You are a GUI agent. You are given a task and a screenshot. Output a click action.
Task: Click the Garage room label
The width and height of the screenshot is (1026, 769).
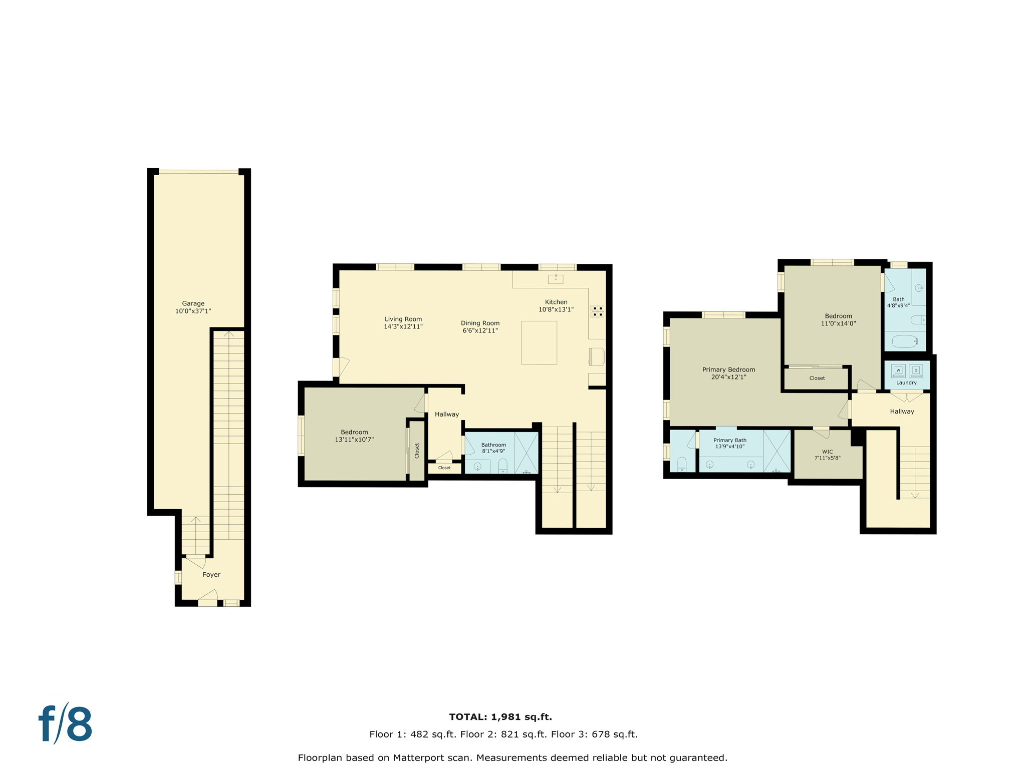pyautogui.click(x=193, y=303)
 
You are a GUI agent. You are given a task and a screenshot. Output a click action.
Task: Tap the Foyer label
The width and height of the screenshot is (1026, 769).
pyautogui.click(x=211, y=574)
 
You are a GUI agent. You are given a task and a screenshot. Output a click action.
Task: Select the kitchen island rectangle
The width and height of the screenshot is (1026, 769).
pyautogui.click(x=539, y=343)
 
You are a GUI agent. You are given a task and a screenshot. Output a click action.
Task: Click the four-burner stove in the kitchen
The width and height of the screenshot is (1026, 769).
pyautogui.click(x=597, y=311)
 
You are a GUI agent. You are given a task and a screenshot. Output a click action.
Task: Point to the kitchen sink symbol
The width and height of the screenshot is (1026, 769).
pyautogui.click(x=556, y=279)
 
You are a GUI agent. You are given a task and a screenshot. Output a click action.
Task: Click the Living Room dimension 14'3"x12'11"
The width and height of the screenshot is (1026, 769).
pyautogui.click(x=403, y=326)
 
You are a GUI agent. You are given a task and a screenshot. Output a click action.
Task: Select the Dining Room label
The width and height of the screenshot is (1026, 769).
pyautogui.click(x=480, y=323)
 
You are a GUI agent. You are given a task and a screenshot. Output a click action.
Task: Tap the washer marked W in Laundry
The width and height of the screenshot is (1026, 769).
pyautogui.click(x=898, y=370)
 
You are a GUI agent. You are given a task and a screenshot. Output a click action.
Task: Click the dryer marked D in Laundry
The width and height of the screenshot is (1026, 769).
pyautogui.click(x=916, y=370)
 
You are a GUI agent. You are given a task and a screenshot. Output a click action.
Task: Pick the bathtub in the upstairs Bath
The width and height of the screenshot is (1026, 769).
pyautogui.click(x=905, y=341)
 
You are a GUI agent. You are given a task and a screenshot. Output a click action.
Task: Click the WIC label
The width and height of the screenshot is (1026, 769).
pyautogui.click(x=827, y=452)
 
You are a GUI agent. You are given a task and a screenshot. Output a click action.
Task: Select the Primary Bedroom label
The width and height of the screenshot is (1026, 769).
pyautogui.click(x=728, y=369)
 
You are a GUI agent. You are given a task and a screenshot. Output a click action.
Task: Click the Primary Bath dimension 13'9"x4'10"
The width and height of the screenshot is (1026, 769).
pyautogui.click(x=729, y=447)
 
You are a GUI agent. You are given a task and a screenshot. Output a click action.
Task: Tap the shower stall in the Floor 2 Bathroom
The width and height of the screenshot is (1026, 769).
pyautogui.click(x=526, y=453)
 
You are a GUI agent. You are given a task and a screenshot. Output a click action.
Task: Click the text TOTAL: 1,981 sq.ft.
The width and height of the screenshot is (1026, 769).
pyautogui.click(x=500, y=717)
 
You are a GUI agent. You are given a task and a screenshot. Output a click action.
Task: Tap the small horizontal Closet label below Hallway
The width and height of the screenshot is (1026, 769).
pyautogui.click(x=444, y=468)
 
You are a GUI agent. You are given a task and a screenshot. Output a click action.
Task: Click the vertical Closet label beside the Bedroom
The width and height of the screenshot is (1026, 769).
pyautogui.click(x=417, y=451)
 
